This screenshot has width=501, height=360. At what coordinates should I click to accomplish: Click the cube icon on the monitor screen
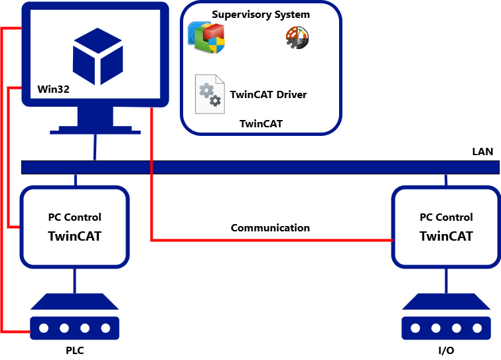coord(98,56)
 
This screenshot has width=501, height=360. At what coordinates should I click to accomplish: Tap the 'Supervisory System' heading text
coord(261,15)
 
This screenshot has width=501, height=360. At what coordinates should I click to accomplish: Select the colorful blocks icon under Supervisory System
coord(206,38)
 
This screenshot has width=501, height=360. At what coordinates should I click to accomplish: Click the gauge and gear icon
coord(297,38)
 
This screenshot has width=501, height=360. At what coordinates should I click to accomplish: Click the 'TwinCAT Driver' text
coord(268,94)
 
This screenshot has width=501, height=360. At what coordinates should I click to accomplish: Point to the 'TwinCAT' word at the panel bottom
coord(261,123)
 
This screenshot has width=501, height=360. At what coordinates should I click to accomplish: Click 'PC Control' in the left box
coord(74,217)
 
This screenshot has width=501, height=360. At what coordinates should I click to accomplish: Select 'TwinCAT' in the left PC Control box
coord(74,236)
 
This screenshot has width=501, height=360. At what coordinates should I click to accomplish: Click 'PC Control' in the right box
coord(446,217)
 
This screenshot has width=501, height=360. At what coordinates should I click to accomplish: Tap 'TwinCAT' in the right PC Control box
coord(446,236)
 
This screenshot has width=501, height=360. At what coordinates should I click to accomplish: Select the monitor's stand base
coord(96,130)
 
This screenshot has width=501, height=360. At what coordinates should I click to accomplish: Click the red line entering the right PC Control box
coord(279,240)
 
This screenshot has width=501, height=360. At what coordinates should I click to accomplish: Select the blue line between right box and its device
coord(446,280)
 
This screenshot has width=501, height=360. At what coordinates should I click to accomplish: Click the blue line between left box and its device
coord(74,280)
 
